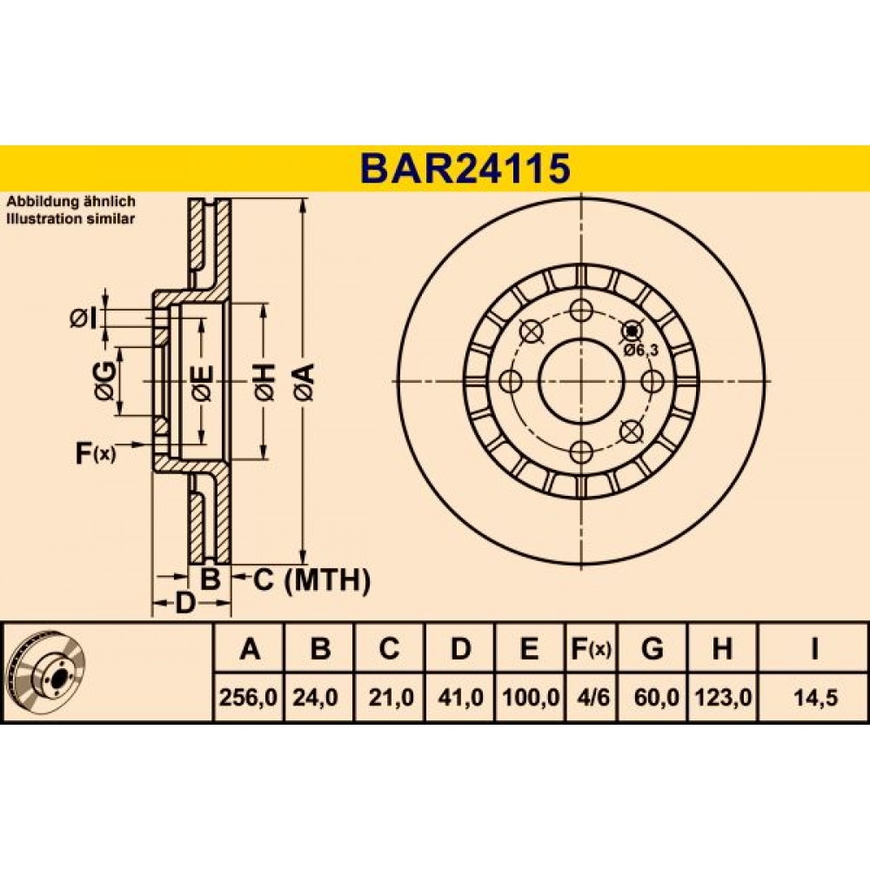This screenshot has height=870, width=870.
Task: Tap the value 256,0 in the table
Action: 248,697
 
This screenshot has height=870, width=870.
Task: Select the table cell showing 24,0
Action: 315,697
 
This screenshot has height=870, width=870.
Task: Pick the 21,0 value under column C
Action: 391,697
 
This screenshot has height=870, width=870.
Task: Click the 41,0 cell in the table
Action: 460,697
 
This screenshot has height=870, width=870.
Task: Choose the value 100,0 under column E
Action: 531,697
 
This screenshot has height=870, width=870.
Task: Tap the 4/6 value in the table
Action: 592,697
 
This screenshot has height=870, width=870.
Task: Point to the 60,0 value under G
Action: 656,697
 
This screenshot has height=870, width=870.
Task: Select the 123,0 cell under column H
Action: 723,697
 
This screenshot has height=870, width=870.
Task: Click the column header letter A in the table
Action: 250,647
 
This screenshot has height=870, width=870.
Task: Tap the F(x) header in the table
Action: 591,648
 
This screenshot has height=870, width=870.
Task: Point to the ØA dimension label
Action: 306,382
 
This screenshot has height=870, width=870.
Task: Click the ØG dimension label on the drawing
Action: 105,381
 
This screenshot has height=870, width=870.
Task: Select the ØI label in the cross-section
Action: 84,318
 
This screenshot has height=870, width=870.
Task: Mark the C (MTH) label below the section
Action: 311,580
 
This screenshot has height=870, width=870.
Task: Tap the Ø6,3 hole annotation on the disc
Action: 640,350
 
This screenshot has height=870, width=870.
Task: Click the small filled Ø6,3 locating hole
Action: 632,331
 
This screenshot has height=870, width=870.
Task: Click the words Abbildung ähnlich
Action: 70,202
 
